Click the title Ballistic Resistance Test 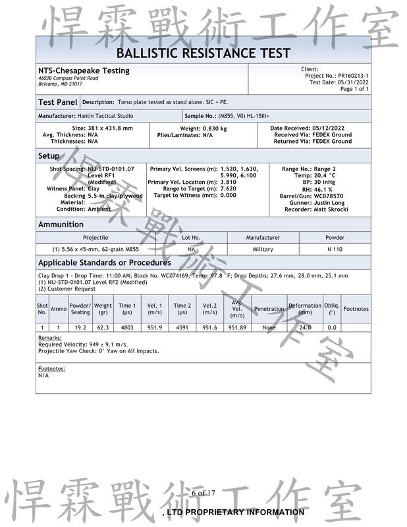(x=203, y=53)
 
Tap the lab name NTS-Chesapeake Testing (x=84, y=70)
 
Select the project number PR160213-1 (x=354, y=76)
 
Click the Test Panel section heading (x=58, y=102)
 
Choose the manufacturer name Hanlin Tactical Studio (x=105, y=116)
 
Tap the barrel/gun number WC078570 (x=335, y=196)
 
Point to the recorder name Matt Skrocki (x=335, y=209)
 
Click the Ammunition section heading (x=61, y=225)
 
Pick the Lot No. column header (x=191, y=237)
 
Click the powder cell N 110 (x=335, y=250)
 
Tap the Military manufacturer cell (x=263, y=250)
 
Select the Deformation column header (x=305, y=308)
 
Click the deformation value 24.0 (x=305, y=327)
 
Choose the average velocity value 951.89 (x=237, y=327)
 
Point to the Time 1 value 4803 (x=127, y=327)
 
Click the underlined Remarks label (x=49, y=337)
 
